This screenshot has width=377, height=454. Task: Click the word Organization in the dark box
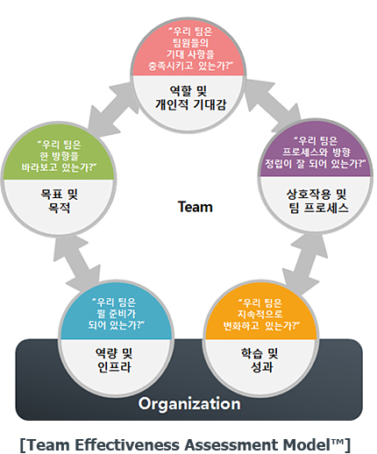pyautogui.click(x=188, y=404)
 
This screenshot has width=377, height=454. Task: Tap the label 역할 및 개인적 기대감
pyautogui.click(x=188, y=97)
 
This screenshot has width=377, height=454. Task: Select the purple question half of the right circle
pyautogui.click(x=317, y=153)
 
